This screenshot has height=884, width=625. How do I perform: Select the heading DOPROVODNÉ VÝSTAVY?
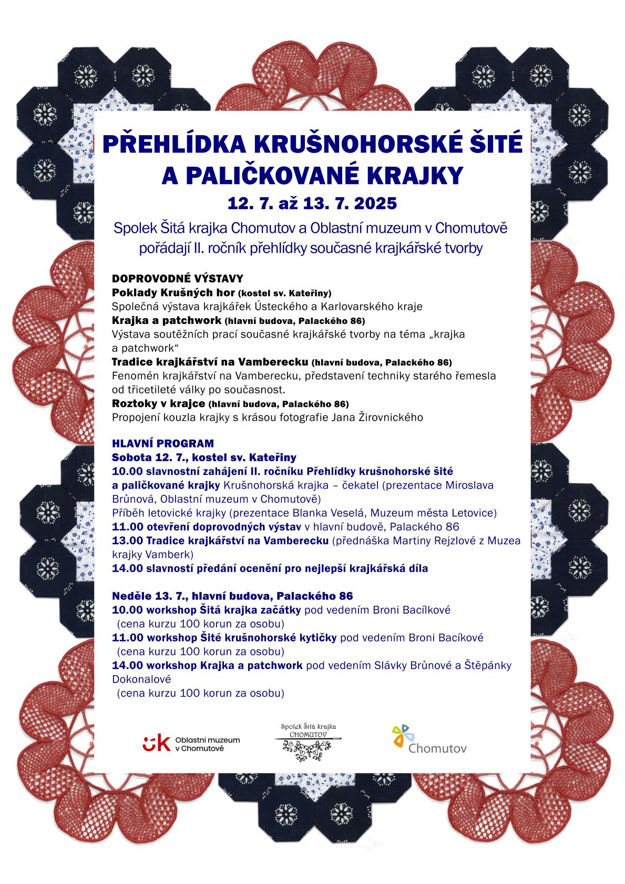(177, 279)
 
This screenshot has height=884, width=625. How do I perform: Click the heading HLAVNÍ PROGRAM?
(163, 443)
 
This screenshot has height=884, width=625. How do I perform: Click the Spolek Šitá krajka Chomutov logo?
(308, 742)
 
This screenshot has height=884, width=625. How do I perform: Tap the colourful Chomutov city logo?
(429, 739)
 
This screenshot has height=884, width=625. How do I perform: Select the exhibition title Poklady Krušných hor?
(173, 292)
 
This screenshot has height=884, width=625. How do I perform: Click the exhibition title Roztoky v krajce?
(158, 403)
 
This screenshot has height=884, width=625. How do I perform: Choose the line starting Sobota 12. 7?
(204, 458)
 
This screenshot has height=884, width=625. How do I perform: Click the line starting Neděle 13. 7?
(232, 596)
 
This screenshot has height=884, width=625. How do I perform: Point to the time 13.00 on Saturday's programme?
(127, 541)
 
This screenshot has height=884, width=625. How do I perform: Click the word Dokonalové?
(141, 679)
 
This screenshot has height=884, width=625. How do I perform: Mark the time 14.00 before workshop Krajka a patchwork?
(127, 665)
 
